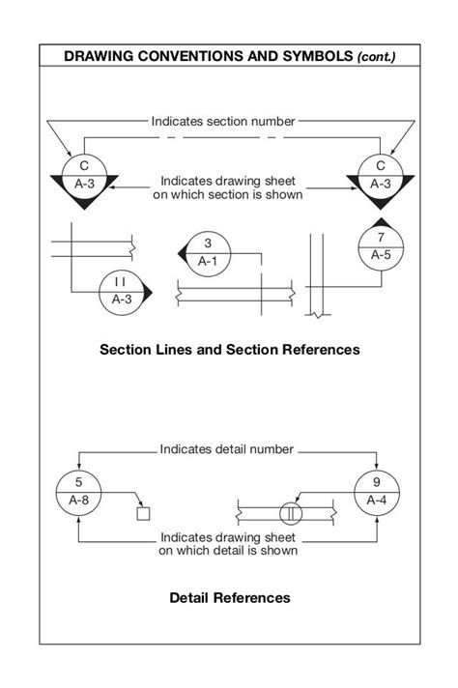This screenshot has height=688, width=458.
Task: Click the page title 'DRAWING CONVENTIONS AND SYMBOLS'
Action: pyautogui.click(x=207, y=57)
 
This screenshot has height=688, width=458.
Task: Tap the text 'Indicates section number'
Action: pyautogui.click(x=222, y=122)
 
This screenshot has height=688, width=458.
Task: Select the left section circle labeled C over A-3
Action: pyautogui.click(x=84, y=174)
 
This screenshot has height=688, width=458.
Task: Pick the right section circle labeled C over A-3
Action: pyautogui.click(x=381, y=174)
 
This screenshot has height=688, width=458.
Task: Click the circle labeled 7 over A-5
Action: pyautogui.click(x=381, y=246)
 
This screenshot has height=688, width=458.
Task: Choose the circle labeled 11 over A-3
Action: pyautogui.click(x=122, y=290)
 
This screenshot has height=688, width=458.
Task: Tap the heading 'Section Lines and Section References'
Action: pyautogui.click(x=229, y=349)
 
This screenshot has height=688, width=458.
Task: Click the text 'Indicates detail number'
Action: pyautogui.click(x=228, y=449)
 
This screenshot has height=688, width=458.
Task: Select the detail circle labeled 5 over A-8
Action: pyautogui.click(x=78, y=491)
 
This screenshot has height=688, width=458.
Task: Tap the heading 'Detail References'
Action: pyautogui.click(x=229, y=598)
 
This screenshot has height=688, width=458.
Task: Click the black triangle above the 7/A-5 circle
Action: pyautogui.click(x=381, y=222)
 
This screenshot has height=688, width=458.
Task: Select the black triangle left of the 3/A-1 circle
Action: pyautogui.click(x=181, y=252)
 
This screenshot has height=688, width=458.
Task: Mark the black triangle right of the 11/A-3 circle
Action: pyautogui.click(x=148, y=290)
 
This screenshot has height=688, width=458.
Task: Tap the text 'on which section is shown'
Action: pyautogui.click(x=228, y=194)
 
